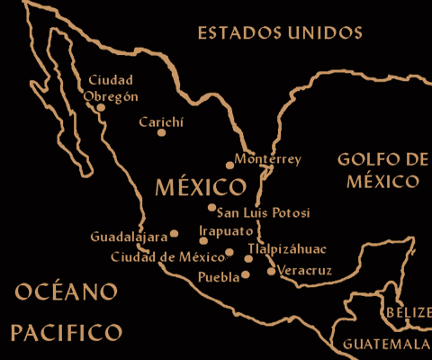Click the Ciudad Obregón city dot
pos(101,107)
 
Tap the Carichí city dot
pos(162,132)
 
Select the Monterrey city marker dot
pos(230,165)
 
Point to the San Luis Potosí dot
pos(211,208)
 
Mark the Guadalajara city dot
pos(175,233)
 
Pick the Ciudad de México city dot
pos(229,252)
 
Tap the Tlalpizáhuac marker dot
pos(248,258)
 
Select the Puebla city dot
pos(246,275)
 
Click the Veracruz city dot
pos(271,271)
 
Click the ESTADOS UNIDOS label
pos(280,33)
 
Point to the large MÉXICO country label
pos(200,187)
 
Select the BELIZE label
pos(407,312)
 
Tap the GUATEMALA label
pos(386,345)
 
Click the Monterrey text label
pos(267,159)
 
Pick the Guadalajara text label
pos(130,238)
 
